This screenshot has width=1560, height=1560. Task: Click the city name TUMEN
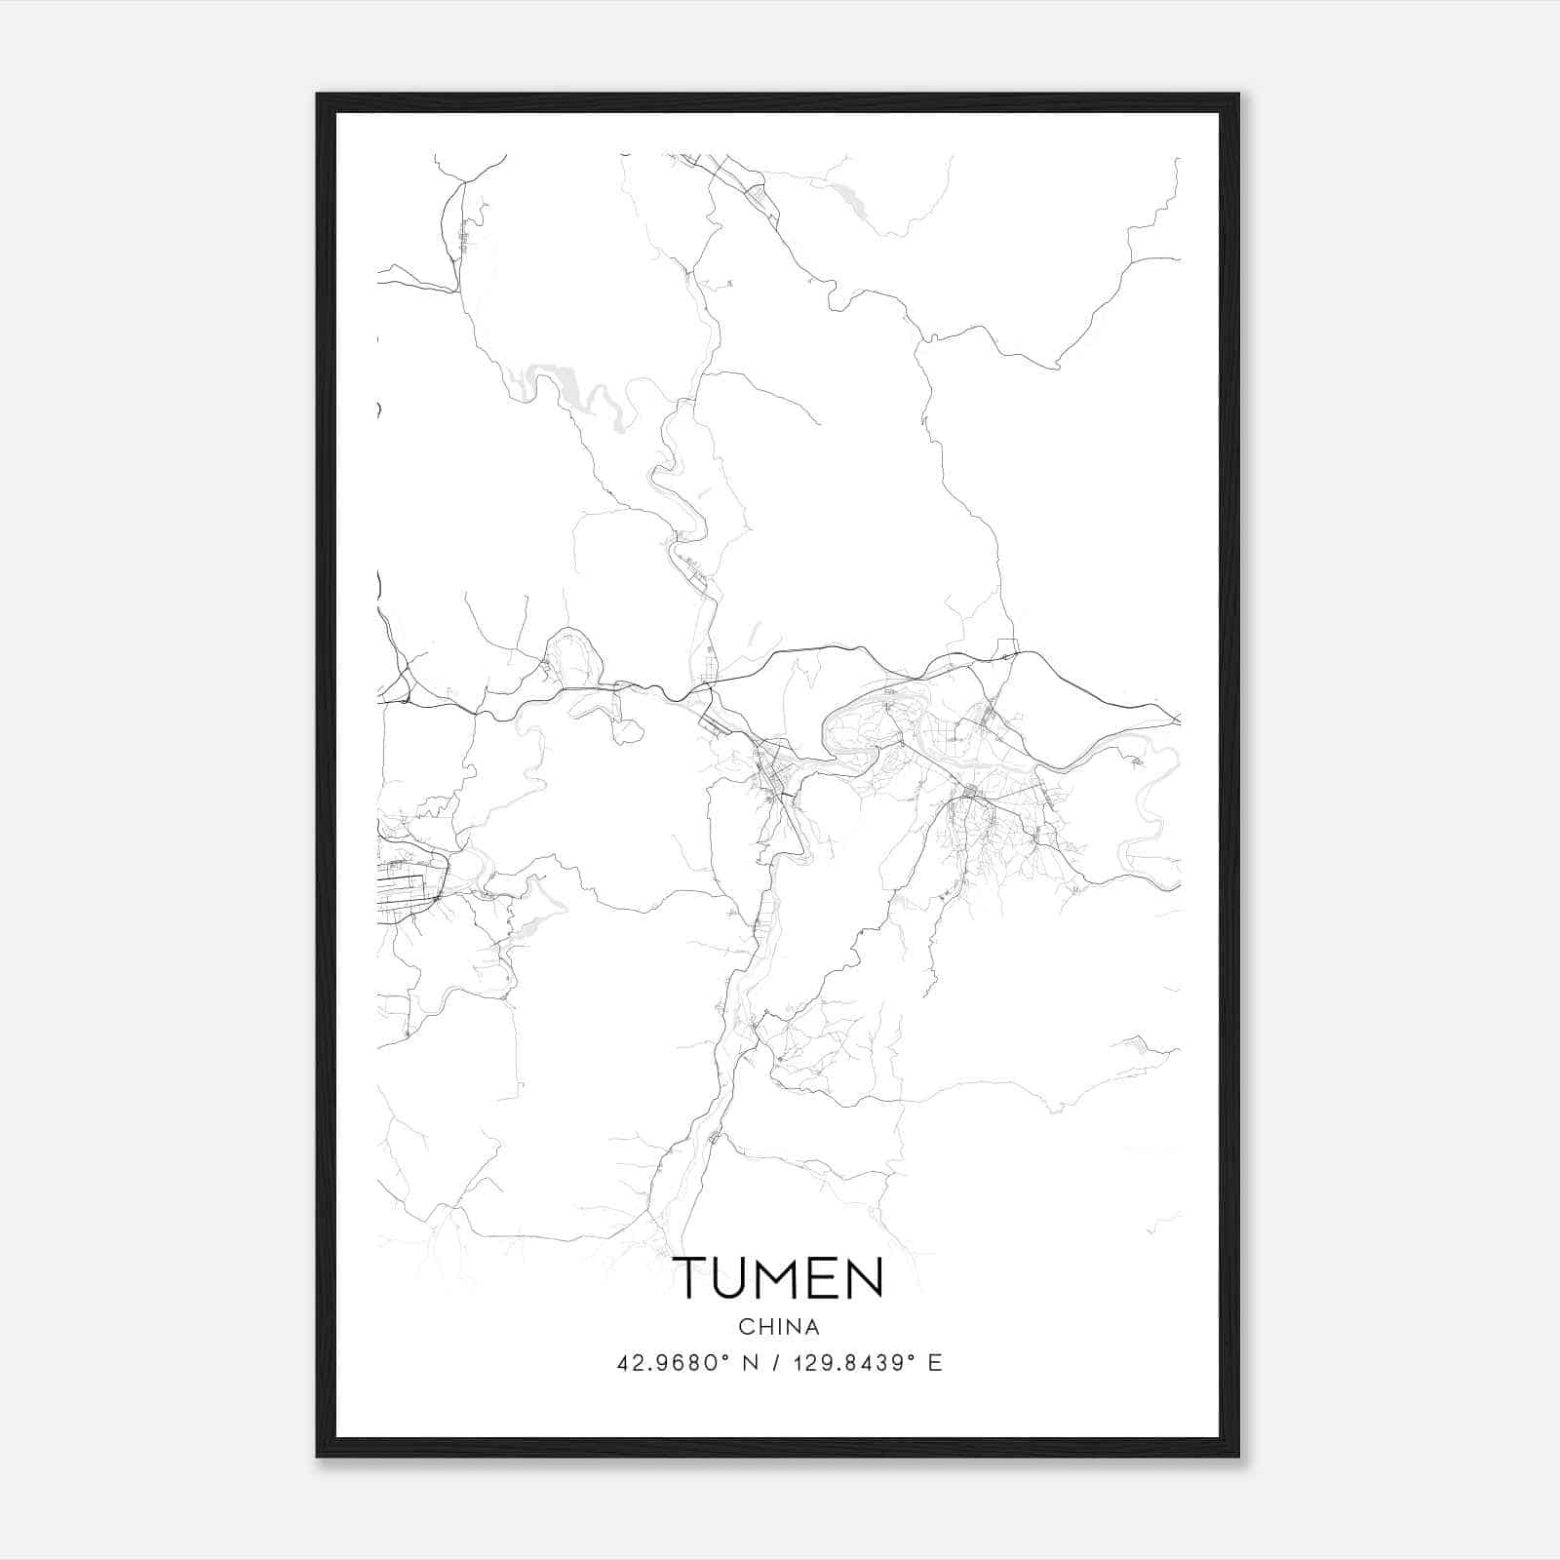pyautogui.click(x=778, y=1278)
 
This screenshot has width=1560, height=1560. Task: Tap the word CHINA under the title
pyautogui.click(x=778, y=1327)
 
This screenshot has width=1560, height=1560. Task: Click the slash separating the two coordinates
pyautogui.click(x=778, y=1363)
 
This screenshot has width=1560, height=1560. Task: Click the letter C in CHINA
pyautogui.click(x=745, y=1327)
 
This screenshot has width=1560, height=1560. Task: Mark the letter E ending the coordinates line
pyautogui.click(x=935, y=1363)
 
